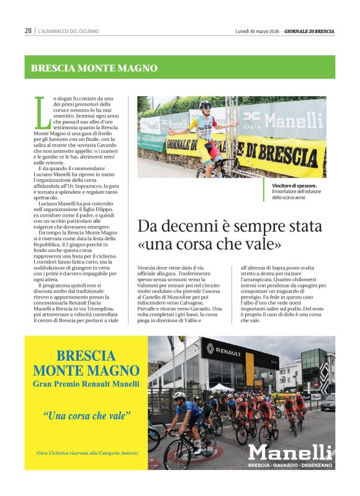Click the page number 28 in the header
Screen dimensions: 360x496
(28, 30)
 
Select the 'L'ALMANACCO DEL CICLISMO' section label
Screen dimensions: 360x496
(68, 31)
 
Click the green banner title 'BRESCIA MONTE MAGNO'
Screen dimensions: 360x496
(94, 68)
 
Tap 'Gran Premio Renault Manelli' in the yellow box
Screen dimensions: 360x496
(86, 385)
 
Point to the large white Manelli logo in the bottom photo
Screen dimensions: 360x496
(290, 452)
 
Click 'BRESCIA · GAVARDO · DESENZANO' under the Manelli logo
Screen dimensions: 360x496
(290, 465)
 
